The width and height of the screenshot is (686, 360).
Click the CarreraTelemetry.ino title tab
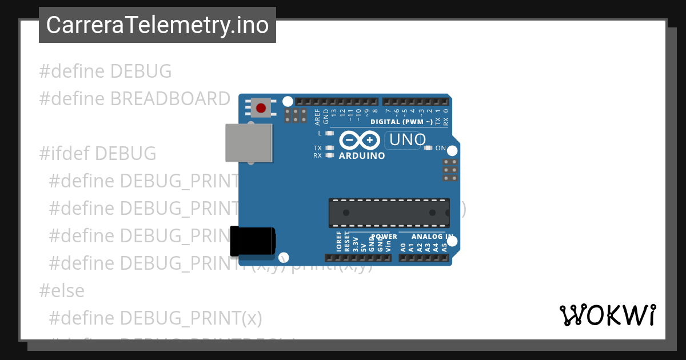pyautogui.click(x=157, y=25)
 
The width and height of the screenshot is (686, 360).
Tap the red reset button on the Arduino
pyautogui.click(x=261, y=108)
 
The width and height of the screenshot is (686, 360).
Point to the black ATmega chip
pyautogui.click(x=389, y=213)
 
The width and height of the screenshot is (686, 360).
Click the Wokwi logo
pyautogui.click(x=607, y=315)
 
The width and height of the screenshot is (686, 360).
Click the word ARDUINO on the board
pyautogui.click(x=362, y=155)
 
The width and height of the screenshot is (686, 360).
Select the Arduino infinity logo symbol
pyautogui.click(x=360, y=140)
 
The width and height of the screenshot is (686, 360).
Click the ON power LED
pyautogui.click(x=429, y=148)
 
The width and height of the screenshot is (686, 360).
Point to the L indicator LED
pyautogui.click(x=329, y=133)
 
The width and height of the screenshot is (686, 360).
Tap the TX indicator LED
pyautogui.click(x=329, y=148)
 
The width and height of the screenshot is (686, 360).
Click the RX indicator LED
pyautogui.click(x=329, y=155)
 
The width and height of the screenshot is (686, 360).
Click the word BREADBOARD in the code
pyautogui.click(x=170, y=99)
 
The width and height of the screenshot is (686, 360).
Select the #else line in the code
pyautogui.click(x=62, y=291)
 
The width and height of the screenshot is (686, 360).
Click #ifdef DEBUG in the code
pyautogui.click(x=97, y=153)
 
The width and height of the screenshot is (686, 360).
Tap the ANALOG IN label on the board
pyautogui.click(x=433, y=237)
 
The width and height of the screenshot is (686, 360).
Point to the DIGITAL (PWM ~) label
pyautogui.click(x=401, y=122)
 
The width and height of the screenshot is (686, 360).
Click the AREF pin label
pyautogui.click(x=318, y=117)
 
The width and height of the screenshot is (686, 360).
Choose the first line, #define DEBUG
pyautogui.click(x=105, y=71)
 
